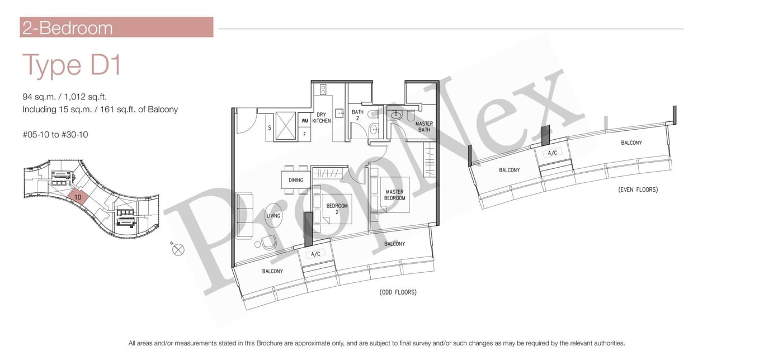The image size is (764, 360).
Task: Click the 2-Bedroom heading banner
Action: tap(116, 27)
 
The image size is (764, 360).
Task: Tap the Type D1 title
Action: tap(72, 65)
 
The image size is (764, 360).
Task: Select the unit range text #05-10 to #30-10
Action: tap(55, 135)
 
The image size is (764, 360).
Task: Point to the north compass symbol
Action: tap(178, 250)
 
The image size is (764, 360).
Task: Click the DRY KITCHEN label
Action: tap(321, 117)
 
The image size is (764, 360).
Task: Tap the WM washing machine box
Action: tap(305, 121)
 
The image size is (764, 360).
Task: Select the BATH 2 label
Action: tap(357, 115)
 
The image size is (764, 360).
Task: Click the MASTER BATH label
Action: tap(424, 126)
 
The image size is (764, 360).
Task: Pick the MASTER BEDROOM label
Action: tap(395, 195)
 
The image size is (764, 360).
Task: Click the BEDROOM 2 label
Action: tap(337, 209)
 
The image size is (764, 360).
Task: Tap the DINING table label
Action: tap(296, 180)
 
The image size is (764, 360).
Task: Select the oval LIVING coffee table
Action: tap(273, 215)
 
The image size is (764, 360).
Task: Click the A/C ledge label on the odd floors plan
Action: tap(315, 254)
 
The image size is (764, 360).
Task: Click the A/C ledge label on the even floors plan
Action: tap(553, 153)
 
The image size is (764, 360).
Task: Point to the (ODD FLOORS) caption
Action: tap(398, 292)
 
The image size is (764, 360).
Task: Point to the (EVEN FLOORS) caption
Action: tap(638, 190)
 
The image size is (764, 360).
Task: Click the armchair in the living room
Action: tap(269, 243)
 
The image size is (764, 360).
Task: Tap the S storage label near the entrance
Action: tap(270, 127)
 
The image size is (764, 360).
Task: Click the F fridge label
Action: tap(305, 134)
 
